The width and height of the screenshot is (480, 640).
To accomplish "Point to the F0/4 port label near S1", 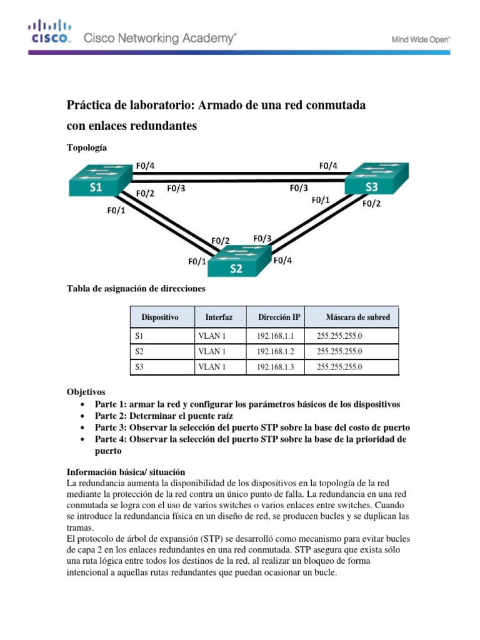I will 145,166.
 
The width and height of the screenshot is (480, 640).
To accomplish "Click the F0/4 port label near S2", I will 283,261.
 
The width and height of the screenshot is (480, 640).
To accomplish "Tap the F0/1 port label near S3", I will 321,201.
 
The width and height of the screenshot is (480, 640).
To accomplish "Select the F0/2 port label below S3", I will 371,203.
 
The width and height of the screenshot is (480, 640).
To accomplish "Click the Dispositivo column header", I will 160,317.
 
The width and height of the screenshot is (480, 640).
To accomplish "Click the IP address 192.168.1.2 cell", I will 274,352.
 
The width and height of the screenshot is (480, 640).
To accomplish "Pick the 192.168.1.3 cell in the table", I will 274,367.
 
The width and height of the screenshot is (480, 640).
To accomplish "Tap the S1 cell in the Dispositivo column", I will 139,336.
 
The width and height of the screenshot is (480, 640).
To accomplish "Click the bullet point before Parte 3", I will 83,428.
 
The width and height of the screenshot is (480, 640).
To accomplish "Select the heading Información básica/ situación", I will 125,472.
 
